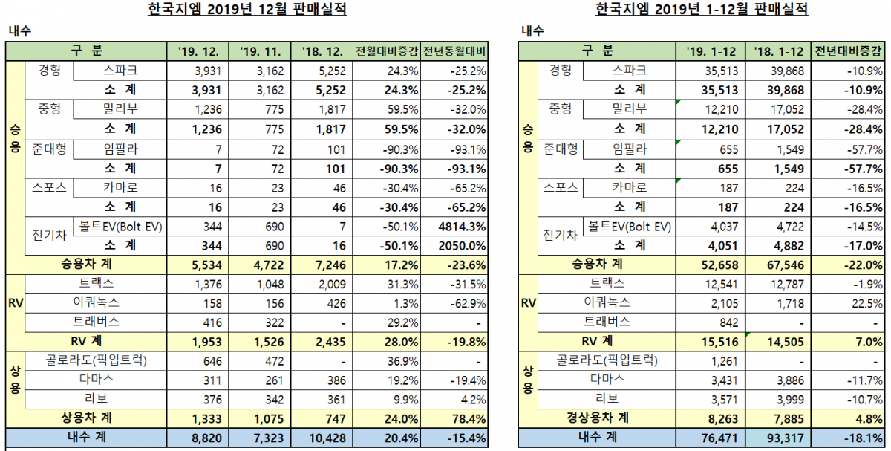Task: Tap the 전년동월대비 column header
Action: pos(454,52)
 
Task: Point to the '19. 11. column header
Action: pos(260,52)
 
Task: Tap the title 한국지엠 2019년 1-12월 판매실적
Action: pos(701,10)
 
